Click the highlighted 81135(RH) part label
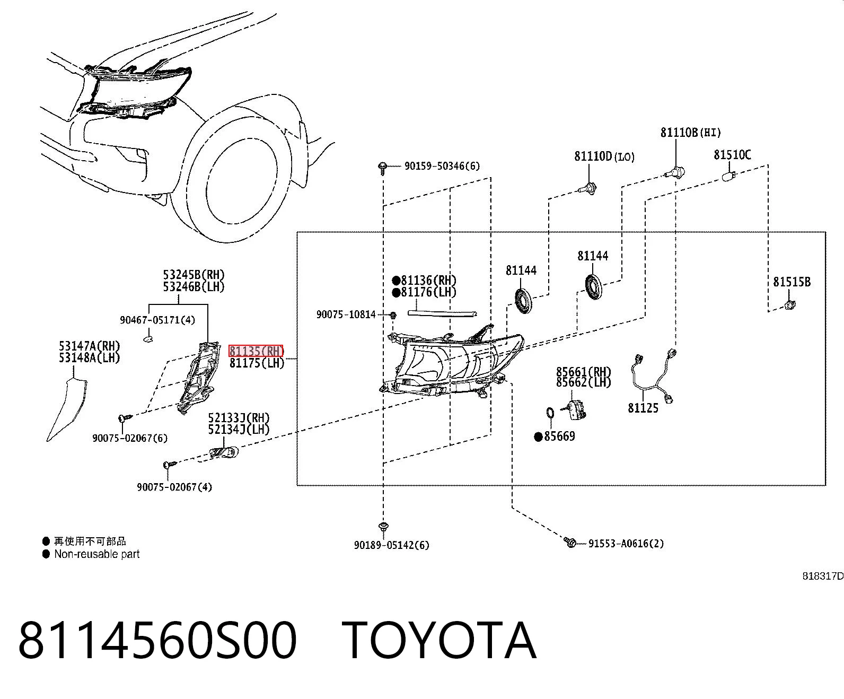click(256, 351)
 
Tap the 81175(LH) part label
click(257, 363)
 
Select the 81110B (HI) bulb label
click(691, 132)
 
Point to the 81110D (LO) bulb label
click(604, 156)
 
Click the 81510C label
click(732, 154)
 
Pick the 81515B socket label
click(792, 282)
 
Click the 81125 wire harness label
click(643, 408)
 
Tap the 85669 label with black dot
click(555, 436)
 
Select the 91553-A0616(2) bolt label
click(626, 543)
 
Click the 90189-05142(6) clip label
click(391, 545)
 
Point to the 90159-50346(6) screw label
click(442, 166)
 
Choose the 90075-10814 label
click(346, 314)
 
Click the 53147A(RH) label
click(90, 346)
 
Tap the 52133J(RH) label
click(239, 417)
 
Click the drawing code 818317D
click(823, 576)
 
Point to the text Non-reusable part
click(96, 554)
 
